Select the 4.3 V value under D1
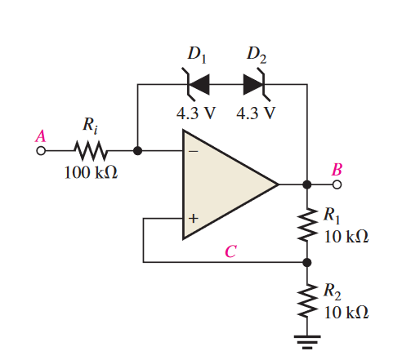click(196, 112)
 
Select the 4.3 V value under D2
click(255, 112)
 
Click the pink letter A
click(40, 136)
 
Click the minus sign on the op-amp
click(194, 151)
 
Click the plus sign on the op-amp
click(194, 219)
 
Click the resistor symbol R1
click(308, 224)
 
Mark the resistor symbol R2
click(308, 300)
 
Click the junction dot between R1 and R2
click(308, 263)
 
